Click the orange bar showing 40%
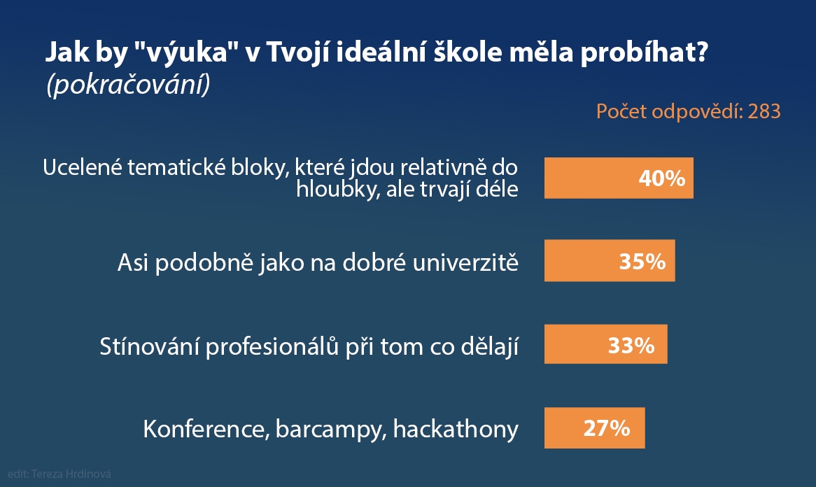pyautogui.click(x=619, y=178)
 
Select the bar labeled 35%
pyautogui.click(x=610, y=261)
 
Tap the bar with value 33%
pyautogui.click(x=606, y=344)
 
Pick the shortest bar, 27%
pyautogui.click(x=594, y=428)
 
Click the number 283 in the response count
pyautogui.click(x=764, y=111)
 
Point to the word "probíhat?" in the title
pyautogui.click(x=645, y=53)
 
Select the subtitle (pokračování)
pyautogui.click(x=129, y=84)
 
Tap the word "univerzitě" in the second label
pyautogui.click(x=465, y=262)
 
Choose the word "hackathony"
pyautogui.click(x=456, y=429)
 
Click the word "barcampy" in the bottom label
pyautogui.click(x=330, y=430)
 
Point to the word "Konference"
pyautogui.click(x=206, y=430)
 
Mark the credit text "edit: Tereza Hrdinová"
pyautogui.click(x=59, y=474)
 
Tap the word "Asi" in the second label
pyautogui.click(x=133, y=262)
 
